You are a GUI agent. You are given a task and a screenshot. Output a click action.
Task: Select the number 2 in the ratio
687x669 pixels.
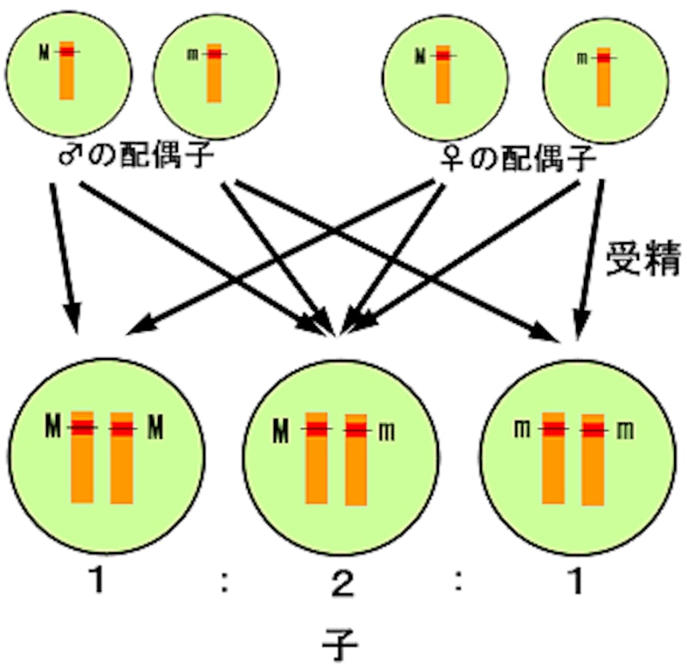[342, 587]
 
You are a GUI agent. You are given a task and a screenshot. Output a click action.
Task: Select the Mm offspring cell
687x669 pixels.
[343, 455]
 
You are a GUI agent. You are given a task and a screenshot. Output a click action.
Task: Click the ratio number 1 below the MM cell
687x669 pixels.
[100, 584]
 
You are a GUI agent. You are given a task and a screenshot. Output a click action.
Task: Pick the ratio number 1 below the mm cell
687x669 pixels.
[577, 585]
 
